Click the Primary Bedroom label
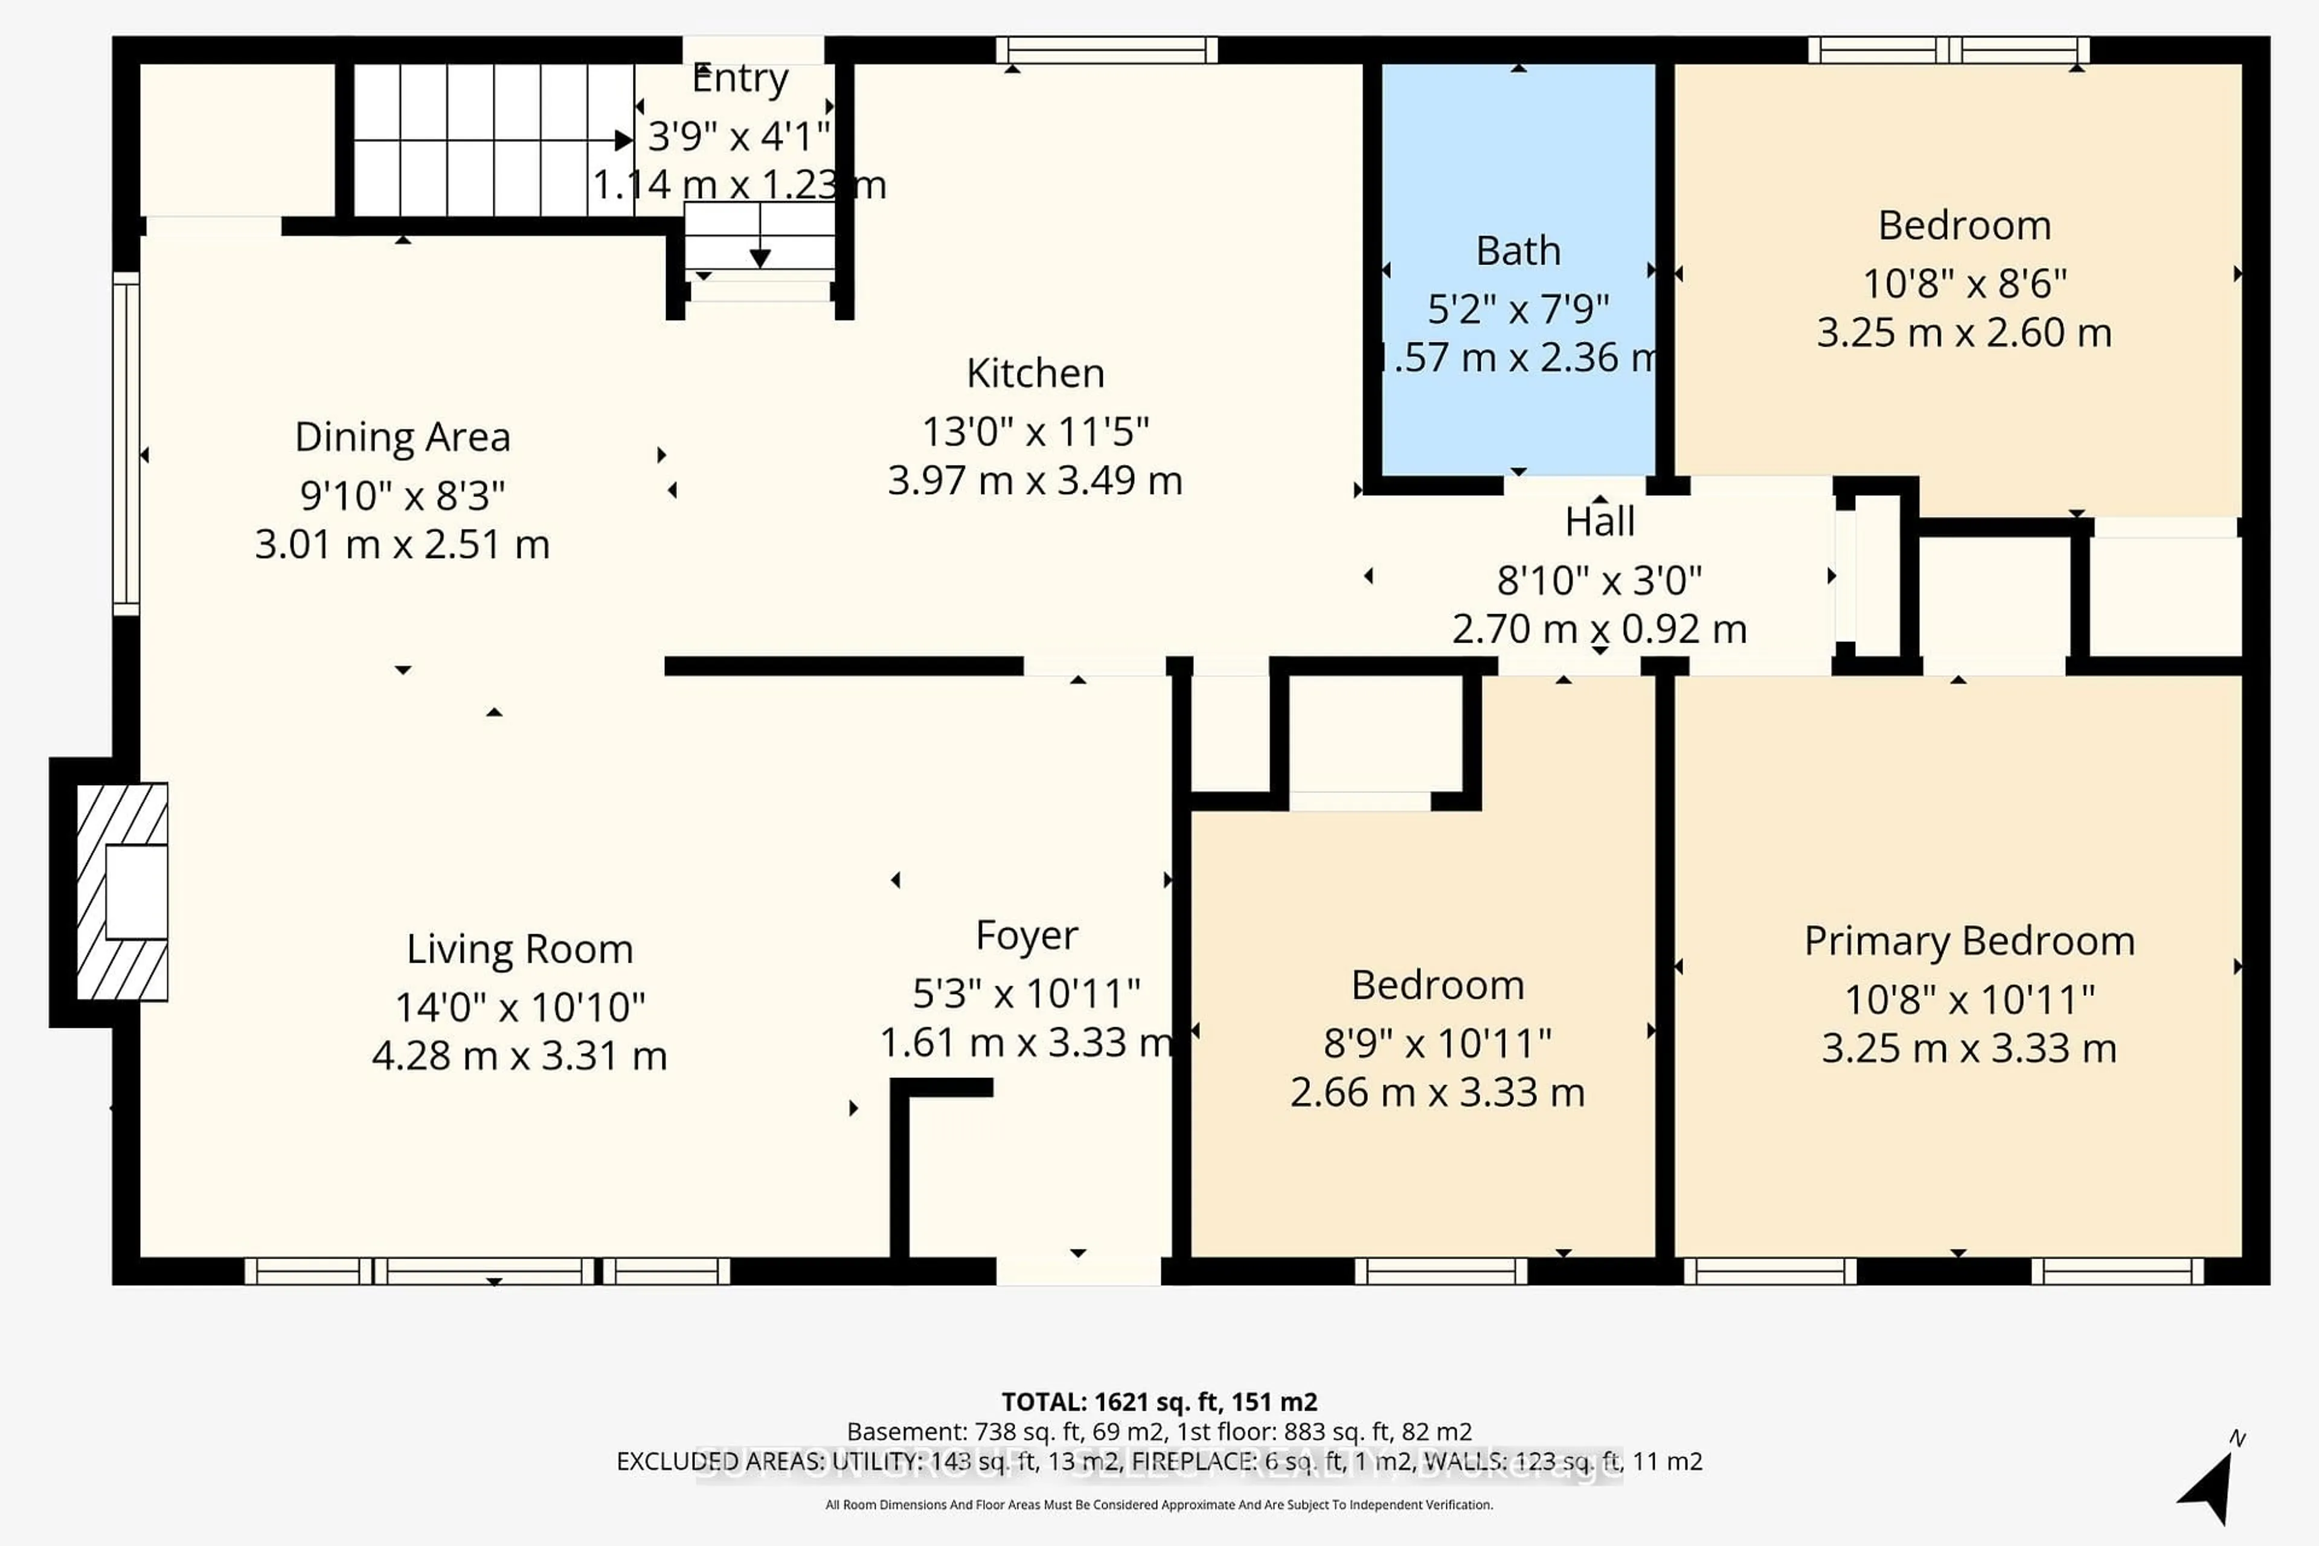[1969, 941]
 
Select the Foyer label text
[1027, 935]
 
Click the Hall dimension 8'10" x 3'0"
[1599, 581]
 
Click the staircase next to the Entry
[493, 140]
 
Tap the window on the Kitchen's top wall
[1106, 50]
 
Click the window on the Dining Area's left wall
[126, 444]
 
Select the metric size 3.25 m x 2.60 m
[1964, 333]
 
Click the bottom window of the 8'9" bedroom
[1440, 1271]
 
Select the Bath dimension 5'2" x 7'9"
[1518, 310]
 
